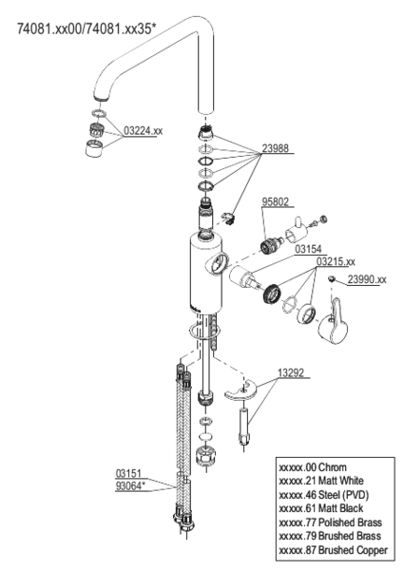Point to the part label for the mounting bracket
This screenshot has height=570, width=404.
tap(292, 372)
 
